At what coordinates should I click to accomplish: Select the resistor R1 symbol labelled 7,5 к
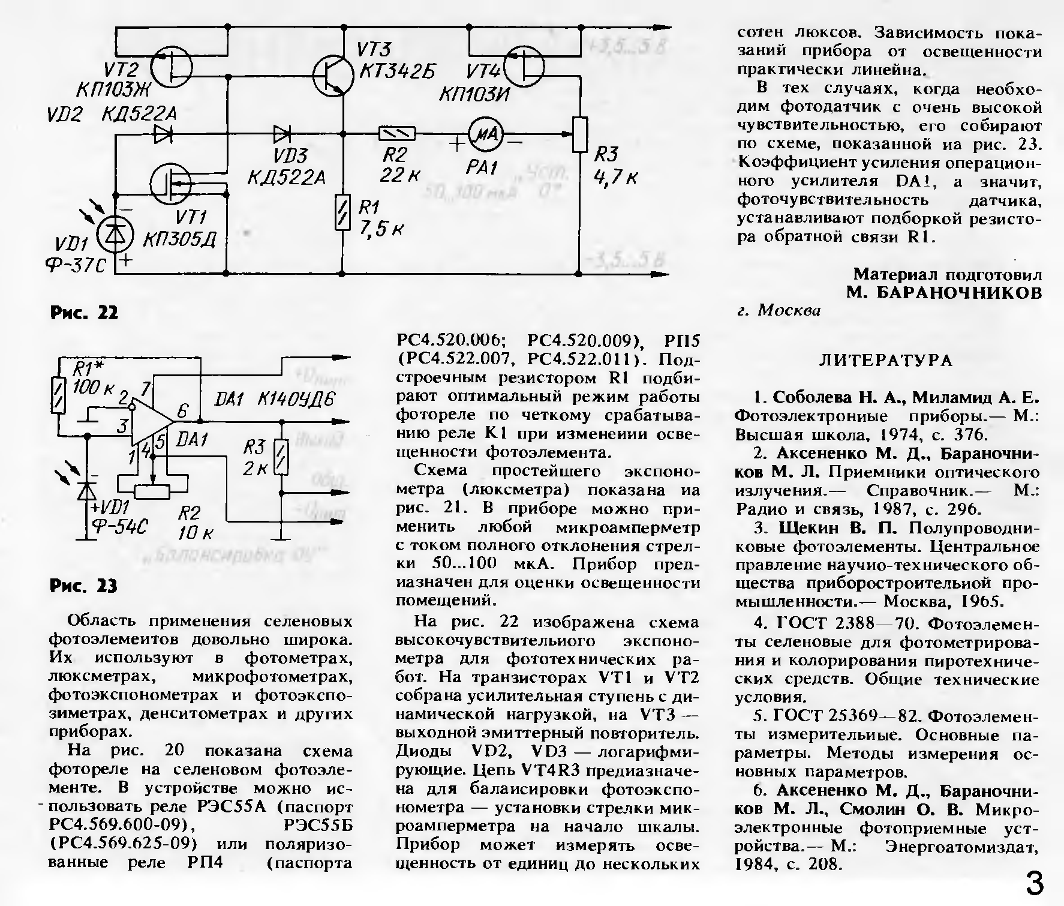[x=342, y=212]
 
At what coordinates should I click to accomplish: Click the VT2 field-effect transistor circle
[x=172, y=67]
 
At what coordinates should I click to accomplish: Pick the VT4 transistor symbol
[x=524, y=67]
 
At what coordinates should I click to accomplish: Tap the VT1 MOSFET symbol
[x=171, y=184]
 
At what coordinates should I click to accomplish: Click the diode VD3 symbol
[x=282, y=133]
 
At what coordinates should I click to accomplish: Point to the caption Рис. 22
[x=84, y=313]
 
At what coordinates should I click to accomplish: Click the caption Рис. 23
[x=84, y=586]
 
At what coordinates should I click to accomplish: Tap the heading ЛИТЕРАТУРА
[x=885, y=360]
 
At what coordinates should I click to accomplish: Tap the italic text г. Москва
[x=778, y=310]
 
